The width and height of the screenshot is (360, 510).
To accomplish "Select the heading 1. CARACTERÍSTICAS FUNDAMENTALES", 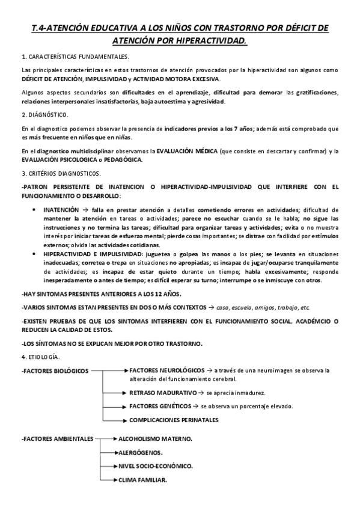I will pyautogui.click(x=75, y=57).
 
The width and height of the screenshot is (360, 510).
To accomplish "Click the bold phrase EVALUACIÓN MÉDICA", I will pyautogui.click(x=183, y=151).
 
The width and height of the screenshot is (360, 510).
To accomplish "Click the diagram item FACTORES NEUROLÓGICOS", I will pyautogui.click(x=166, y=370).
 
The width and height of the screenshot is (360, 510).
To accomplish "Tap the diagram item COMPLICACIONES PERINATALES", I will pyautogui.click(x=174, y=420).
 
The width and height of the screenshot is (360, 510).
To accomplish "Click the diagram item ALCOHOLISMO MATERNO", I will pyautogui.click(x=156, y=438).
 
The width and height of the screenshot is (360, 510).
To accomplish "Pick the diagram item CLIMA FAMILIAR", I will pyautogui.click(x=143, y=479).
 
